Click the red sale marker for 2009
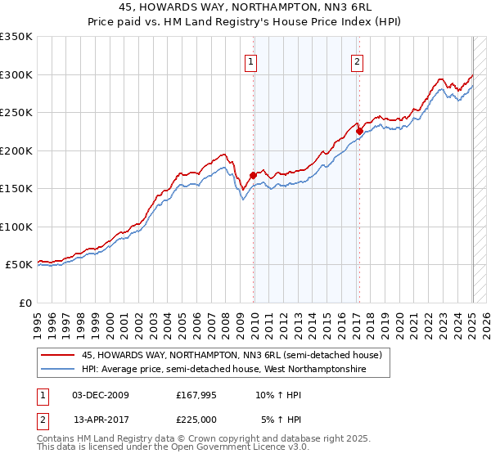[x=253, y=174]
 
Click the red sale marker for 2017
[x=359, y=131]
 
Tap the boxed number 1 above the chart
[x=250, y=60]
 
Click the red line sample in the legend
[x=58, y=355]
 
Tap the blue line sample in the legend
[x=58, y=370]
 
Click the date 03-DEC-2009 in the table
[x=101, y=395]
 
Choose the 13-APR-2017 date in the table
[x=101, y=419]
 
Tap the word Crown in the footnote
[x=197, y=438]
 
